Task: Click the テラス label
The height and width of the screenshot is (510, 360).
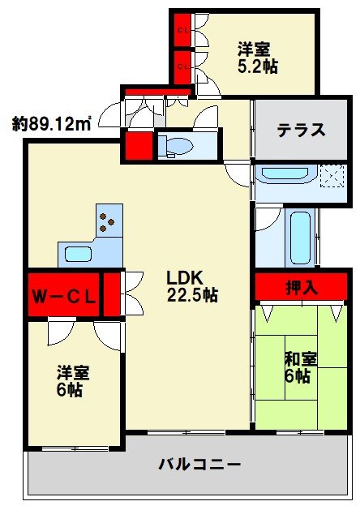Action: (301, 130)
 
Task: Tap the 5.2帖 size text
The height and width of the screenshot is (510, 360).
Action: (258, 66)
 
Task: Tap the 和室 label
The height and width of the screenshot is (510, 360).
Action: (300, 358)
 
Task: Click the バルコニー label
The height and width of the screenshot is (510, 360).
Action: (199, 465)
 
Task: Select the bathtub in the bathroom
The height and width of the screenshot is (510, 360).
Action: (299, 238)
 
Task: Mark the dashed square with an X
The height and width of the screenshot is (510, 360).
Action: (331, 175)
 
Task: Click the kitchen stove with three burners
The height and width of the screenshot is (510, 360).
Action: (106, 221)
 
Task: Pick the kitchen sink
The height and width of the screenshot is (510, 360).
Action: (79, 254)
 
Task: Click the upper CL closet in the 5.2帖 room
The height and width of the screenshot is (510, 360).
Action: (183, 31)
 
